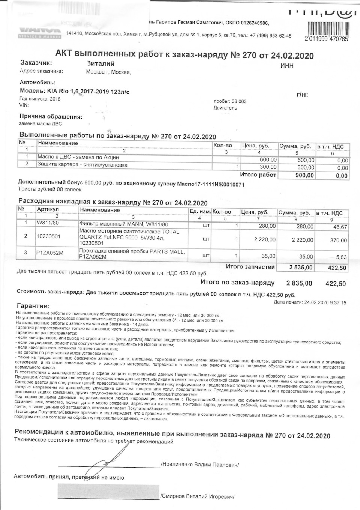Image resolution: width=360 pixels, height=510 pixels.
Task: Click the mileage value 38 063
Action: [x=239, y=101]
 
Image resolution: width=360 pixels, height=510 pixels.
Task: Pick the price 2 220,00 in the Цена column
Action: [x=265, y=239]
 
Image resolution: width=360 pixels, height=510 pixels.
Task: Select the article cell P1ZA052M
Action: [x=50, y=253]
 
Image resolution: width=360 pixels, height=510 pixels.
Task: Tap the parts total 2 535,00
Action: [x=301, y=267]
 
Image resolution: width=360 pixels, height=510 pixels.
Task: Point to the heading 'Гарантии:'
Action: [x=33, y=306]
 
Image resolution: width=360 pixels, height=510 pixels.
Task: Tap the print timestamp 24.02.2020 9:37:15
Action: [x=325, y=302]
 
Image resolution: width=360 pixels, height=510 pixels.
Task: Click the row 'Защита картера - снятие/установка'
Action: [x=82, y=165]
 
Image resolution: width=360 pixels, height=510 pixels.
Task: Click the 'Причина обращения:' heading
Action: [x=51, y=116]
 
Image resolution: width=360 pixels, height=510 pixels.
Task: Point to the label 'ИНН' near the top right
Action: [x=287, y=66]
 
